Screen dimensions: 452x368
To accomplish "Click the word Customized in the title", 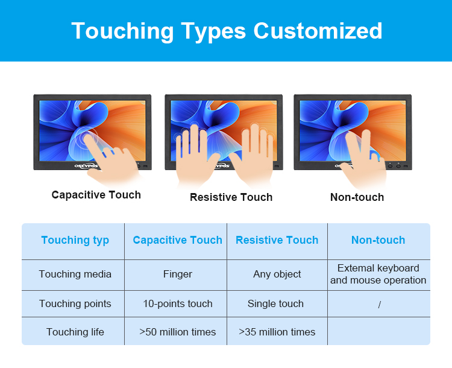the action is pyautogui.click(x=318, y=31).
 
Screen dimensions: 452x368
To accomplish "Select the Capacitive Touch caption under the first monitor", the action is pyautogui.click(x=96, y=195).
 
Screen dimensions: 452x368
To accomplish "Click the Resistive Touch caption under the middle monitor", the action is pyautogui.click(x=231, y=197).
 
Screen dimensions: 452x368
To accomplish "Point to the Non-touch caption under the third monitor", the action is pyautogui.click(x=357, y=197).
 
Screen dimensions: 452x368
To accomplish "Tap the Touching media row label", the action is pyautogui.click(x=75, y=274).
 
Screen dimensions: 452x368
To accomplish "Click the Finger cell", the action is pyautogui.click(x=178, y=274).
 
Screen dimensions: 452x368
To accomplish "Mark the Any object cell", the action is pyautogui.click(x=277, y=274).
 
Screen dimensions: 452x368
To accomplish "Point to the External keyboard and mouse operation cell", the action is pyautogui.click(x=378, y=274).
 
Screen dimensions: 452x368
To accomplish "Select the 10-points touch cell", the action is pyautogui.click(x=178, y=304).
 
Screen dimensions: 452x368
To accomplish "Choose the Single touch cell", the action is pyautogui.click(x=275, y=303).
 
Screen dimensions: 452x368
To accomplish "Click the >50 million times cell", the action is pyautogui.click(x=177, y=332).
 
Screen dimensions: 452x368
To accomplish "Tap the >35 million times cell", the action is pyautogui.click(x=277, y=332).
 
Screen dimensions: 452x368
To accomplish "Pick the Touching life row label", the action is pyautogui.click(x=75, y=332).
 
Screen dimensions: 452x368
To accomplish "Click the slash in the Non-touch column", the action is pyautogui.click(x=379, y=305).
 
